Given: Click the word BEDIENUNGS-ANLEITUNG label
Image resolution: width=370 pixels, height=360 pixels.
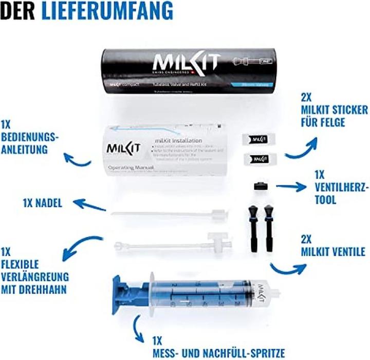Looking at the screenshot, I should [30, 137].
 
